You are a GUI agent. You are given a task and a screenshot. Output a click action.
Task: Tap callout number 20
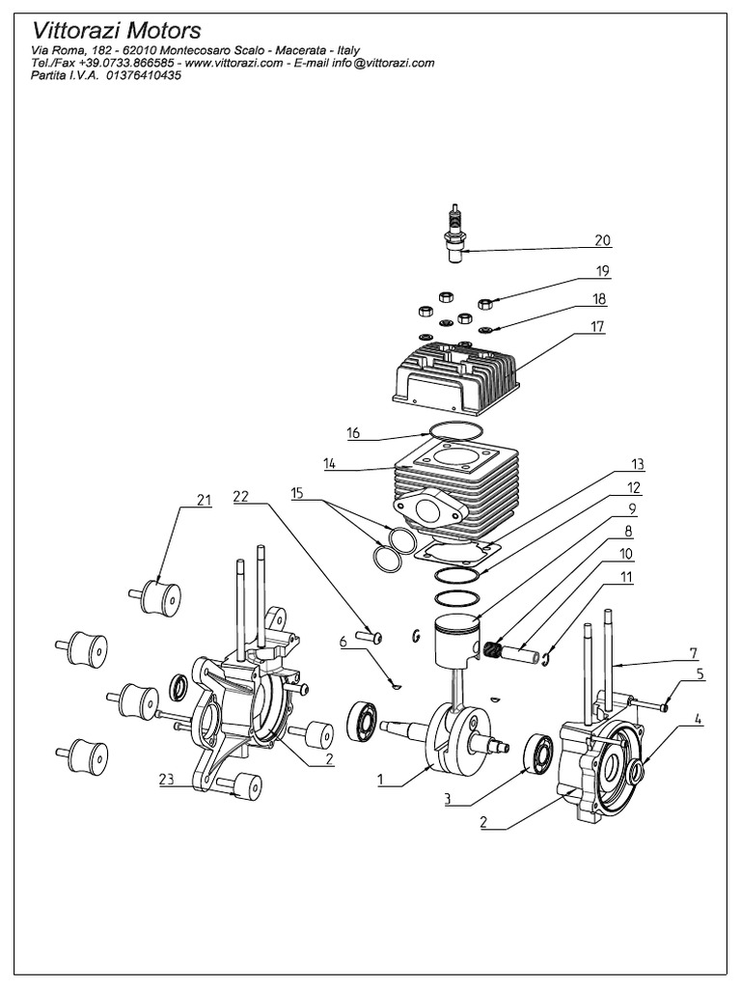point(603,240)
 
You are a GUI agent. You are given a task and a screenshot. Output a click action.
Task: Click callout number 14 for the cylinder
point(329,463)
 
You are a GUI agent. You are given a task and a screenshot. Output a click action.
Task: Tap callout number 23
point(168,781)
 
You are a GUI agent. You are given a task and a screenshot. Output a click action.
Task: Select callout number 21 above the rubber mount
point(203,500)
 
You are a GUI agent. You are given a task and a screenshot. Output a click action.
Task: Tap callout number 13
point(637,463)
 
